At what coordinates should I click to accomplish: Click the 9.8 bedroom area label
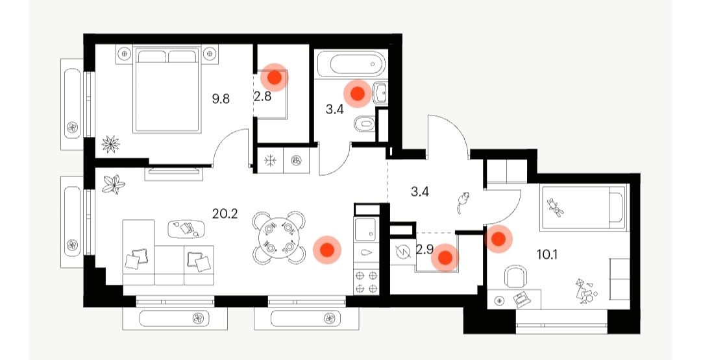click(221, 99)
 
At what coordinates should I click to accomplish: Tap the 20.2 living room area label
click(225, 214)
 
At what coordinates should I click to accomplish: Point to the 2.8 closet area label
click(262, 96)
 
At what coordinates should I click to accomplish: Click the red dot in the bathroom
click(358, 93)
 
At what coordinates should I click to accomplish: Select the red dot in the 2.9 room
click(445, 258)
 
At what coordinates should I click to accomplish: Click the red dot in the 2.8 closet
click(274, 78)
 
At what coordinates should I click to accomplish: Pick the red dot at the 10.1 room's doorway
click(498, 239)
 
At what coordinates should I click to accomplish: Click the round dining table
click(279, 237)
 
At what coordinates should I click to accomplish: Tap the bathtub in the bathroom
click(350, 64)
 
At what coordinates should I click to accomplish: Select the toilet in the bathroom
click(364, 124)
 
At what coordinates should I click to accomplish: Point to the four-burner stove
click(366, 282)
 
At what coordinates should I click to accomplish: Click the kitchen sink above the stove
click(366, 230)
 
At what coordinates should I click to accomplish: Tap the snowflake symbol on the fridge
click(270, 160)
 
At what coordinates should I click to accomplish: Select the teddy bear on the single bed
click(556, 208)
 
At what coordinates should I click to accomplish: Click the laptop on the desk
click(521, 299)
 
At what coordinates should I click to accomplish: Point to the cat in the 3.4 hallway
click(463, 202)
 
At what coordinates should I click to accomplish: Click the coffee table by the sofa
click(186, 228)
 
